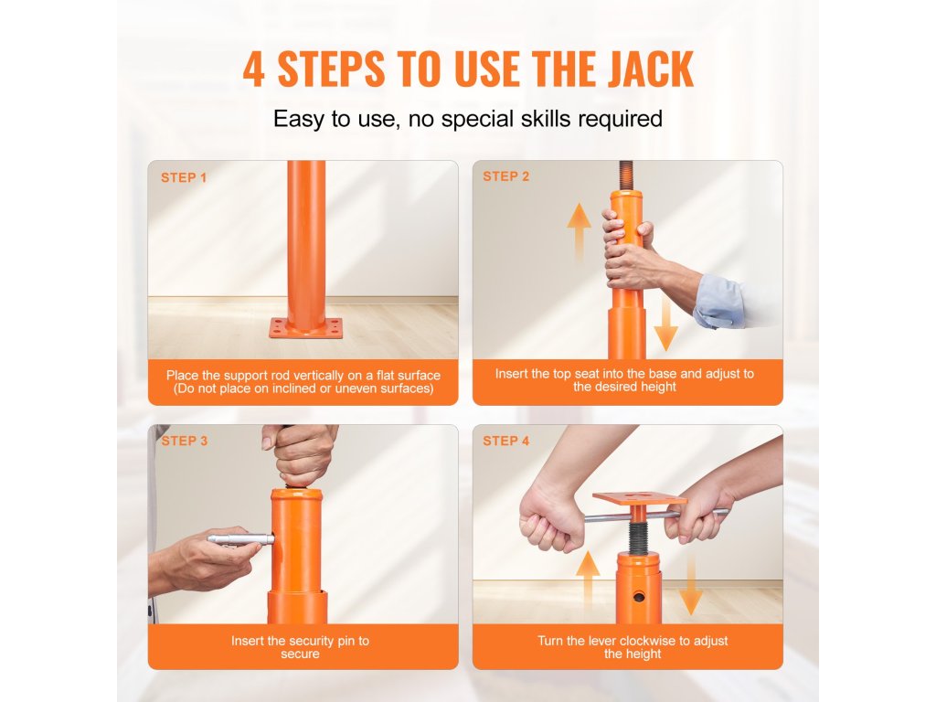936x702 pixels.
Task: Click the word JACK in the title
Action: (x=651, y=69)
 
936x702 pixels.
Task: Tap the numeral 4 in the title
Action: (x=254, y=69)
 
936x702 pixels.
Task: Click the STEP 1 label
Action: (x=183, y=178)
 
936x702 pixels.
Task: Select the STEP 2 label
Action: (x=506, y=176)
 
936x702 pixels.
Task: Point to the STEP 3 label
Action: (x=185, y=441)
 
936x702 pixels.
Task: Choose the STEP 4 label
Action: (x=506, y=441)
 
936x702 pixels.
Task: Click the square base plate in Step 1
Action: (x=306, y=328)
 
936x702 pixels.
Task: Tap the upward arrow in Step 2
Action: (x=579, y=233)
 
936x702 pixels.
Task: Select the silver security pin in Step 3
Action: (x=240, y=539)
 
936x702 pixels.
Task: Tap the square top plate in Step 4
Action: (x=639, y=498)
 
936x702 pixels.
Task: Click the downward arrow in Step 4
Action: (x=691, y=584)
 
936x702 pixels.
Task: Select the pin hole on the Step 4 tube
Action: (x=639, y=597)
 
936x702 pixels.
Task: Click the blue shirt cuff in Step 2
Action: (x=719, y=302)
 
